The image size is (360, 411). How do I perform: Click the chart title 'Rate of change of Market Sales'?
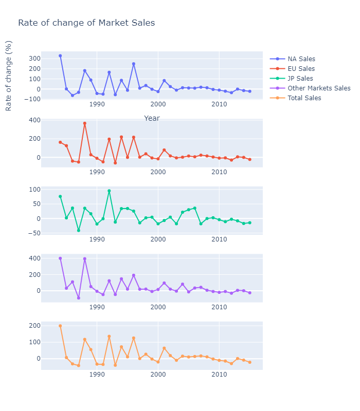[x=86, y=23]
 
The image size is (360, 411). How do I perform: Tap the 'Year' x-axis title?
[x=152, y=118]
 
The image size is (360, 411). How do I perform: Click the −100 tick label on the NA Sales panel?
[x=32, y=99]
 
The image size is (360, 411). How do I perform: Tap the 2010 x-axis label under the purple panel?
[x=219, y=307]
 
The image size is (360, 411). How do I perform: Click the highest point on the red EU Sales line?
[x=85, y=123]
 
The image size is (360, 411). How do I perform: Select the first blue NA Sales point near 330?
[x=60, y=55]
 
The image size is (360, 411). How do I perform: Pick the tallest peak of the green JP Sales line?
[x=109, y=191]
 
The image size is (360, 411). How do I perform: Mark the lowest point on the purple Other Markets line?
[x=79, y=298]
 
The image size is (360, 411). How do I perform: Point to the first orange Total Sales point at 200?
[x=60, y=326]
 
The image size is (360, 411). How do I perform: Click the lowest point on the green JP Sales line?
[x=79, y=230]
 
